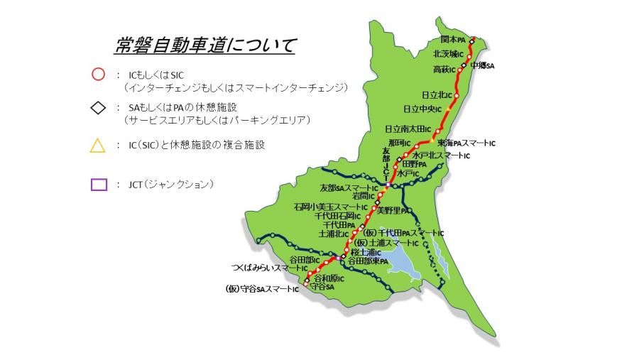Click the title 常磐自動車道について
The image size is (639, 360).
205,46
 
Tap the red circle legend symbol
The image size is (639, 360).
98,74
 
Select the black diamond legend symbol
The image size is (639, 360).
98,108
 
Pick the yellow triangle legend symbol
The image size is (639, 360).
98,146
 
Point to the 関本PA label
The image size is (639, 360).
452,40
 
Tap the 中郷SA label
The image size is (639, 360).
481,66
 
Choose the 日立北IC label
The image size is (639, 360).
437,94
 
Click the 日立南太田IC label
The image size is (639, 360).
408,129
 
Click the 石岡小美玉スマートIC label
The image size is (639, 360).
331,207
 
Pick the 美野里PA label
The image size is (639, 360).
393,210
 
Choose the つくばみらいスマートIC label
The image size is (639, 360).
268,269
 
